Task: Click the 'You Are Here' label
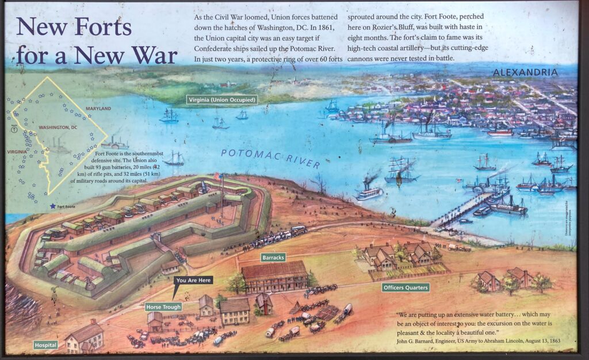pyautogui.click(x=194, y=280)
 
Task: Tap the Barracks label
pyautogui.click(x=273, y=257)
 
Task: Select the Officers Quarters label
pyautogui.click(x=406, y=287)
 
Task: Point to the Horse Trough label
pyautogui.click(x=163, y=307)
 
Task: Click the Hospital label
pyautogui.click(x=45, y=344)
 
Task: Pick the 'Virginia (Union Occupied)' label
pyautogui.click(x=223, y=99)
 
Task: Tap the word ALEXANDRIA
pyautogui.click(x=525, y=72)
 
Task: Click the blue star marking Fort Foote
pyautogui.click(x=53, y=206)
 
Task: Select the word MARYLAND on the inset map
pyautogui.click(x=98, y=109)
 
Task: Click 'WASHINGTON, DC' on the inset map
pyautogui.click(x=58, y=127)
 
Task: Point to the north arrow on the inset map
pyautogui.click(x=14, y=129)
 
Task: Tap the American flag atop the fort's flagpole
pyautogui.click(x=217, y=175)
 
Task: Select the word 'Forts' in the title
pyautogui.click(x=105, y=26)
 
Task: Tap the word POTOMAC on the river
pyautogui.click(x=246, y=153)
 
